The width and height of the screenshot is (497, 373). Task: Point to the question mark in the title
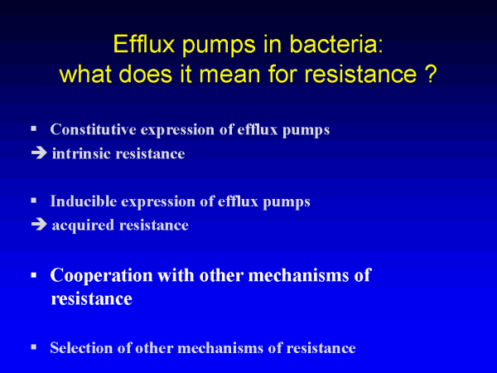(x=430, y=75)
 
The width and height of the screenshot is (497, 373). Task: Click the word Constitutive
(x=93, y=129)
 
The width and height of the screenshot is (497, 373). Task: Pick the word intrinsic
(x=82, y=153)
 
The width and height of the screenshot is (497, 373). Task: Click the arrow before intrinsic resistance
(x=39, y=153)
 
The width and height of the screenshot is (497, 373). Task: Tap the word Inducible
(x=84, y=201)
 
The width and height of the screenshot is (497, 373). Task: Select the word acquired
(x=83, y=225)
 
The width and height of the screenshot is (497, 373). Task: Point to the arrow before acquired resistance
(x=39, y=225)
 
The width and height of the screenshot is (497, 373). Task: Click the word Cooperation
(x=101, y=275)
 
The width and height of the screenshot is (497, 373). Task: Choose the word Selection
(x=81, y=347)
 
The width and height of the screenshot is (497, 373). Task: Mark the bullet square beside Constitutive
(x=34, y=128)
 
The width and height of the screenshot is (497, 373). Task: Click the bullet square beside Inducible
(x=34, y=201)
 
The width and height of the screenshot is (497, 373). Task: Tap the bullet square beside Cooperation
(x=34, y=275)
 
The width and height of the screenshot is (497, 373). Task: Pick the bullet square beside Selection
(x=34, y=347)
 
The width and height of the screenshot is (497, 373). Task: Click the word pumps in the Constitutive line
(x=306, y=131)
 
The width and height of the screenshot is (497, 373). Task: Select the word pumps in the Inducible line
(x=287, y=202)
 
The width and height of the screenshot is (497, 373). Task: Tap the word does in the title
(x=146, y=74)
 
